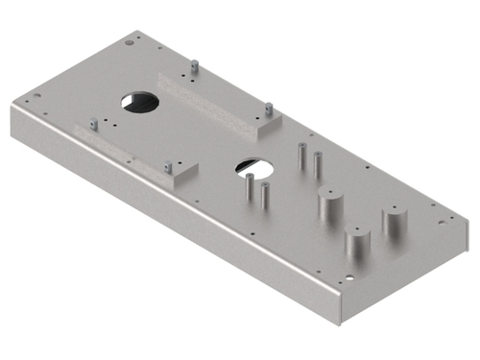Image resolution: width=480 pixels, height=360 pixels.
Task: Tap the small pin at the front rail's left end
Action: point(92,124)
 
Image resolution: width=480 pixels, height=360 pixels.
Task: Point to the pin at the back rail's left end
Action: point(194,67)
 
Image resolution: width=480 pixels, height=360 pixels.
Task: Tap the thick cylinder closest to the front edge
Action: point(358,246)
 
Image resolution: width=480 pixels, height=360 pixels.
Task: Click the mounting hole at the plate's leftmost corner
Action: point(35,97)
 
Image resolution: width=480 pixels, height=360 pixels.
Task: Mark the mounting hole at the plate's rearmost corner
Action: point(131,43)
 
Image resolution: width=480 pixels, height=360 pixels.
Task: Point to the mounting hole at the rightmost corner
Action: point(442,222)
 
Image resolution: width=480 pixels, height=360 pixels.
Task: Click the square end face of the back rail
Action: point(267,123)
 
